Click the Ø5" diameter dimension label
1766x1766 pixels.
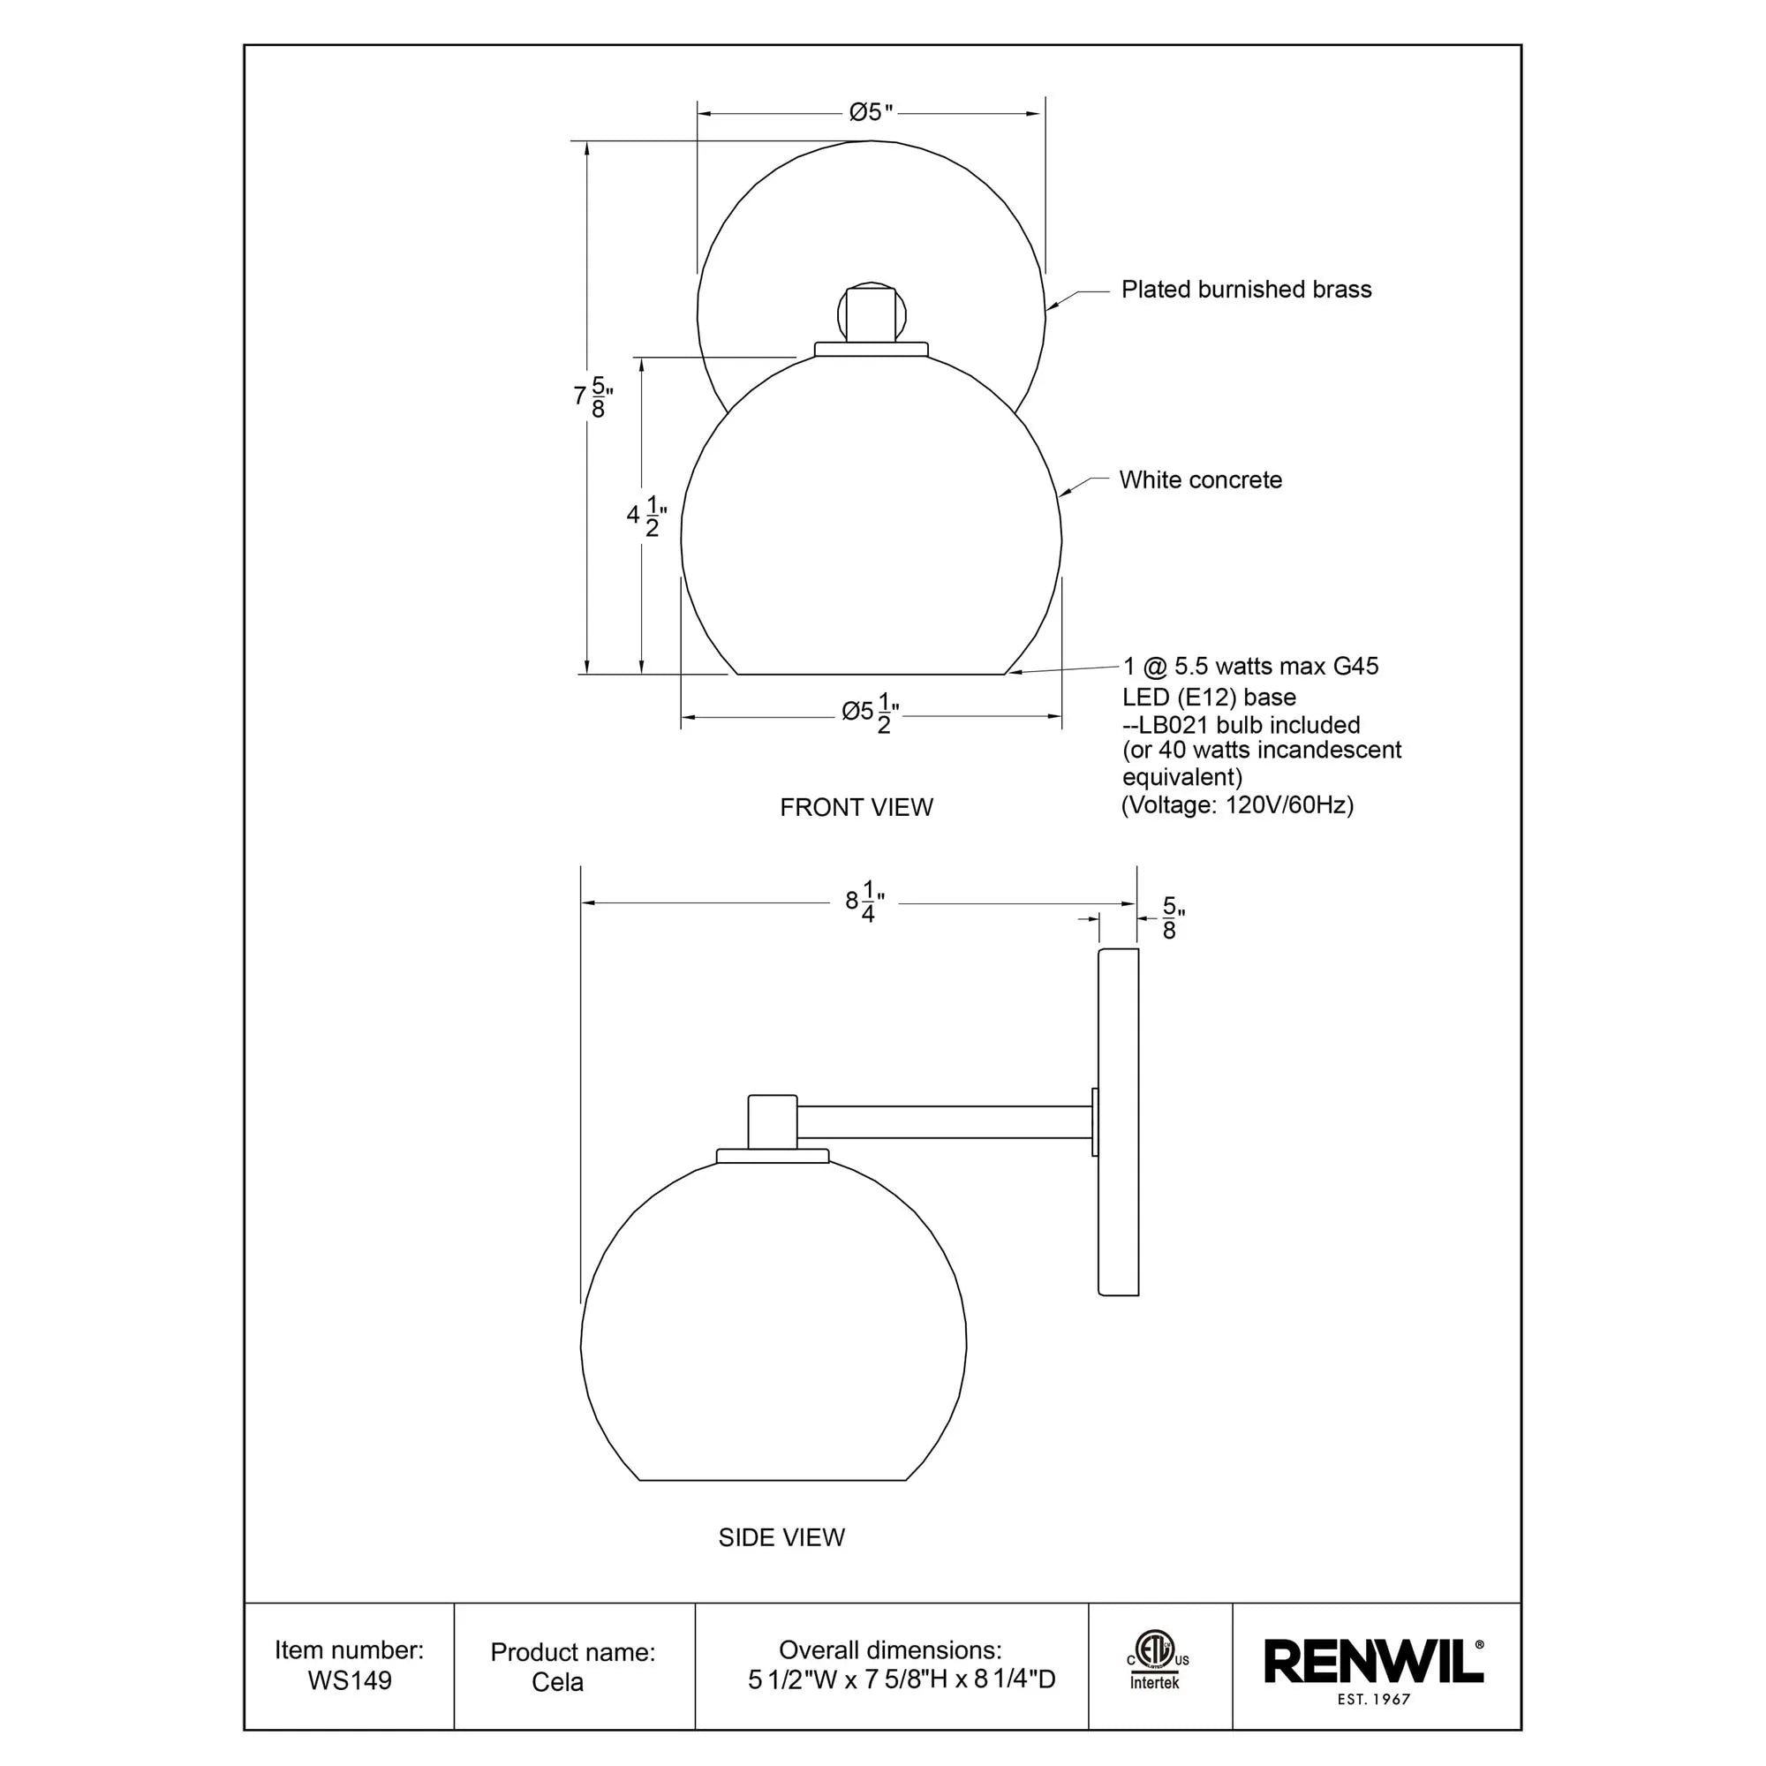[x=871, y=112]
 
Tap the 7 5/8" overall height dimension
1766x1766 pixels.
[x=592, y=396]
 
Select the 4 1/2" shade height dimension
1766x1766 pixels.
[x=646, y=516]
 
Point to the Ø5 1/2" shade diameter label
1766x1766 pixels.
[x=871, y=713]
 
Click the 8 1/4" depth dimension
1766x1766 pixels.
[x=864, y=902]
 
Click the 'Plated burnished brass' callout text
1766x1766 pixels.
[x=1246, y=290]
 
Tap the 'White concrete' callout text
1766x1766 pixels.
[x=1200, y=479]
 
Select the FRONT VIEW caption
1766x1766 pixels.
[x=857, y=807]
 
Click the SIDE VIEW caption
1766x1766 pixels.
[x=781, y=1537]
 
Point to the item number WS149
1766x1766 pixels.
[x=349, y=1680]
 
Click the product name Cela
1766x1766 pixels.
[x=557, y=1682]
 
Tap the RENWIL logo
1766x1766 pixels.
[x=1372, y=1662]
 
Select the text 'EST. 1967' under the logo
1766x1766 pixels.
[x=1373, y=1699]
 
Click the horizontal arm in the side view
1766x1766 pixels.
[x=946, y=1121]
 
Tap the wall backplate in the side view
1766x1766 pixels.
[x=1118, y=1122]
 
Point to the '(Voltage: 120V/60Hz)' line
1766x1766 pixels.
[x=1237, y=804]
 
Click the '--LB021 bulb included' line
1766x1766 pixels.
[x=1241, y=725]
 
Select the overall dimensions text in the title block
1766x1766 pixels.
[x=901, y=1679]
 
